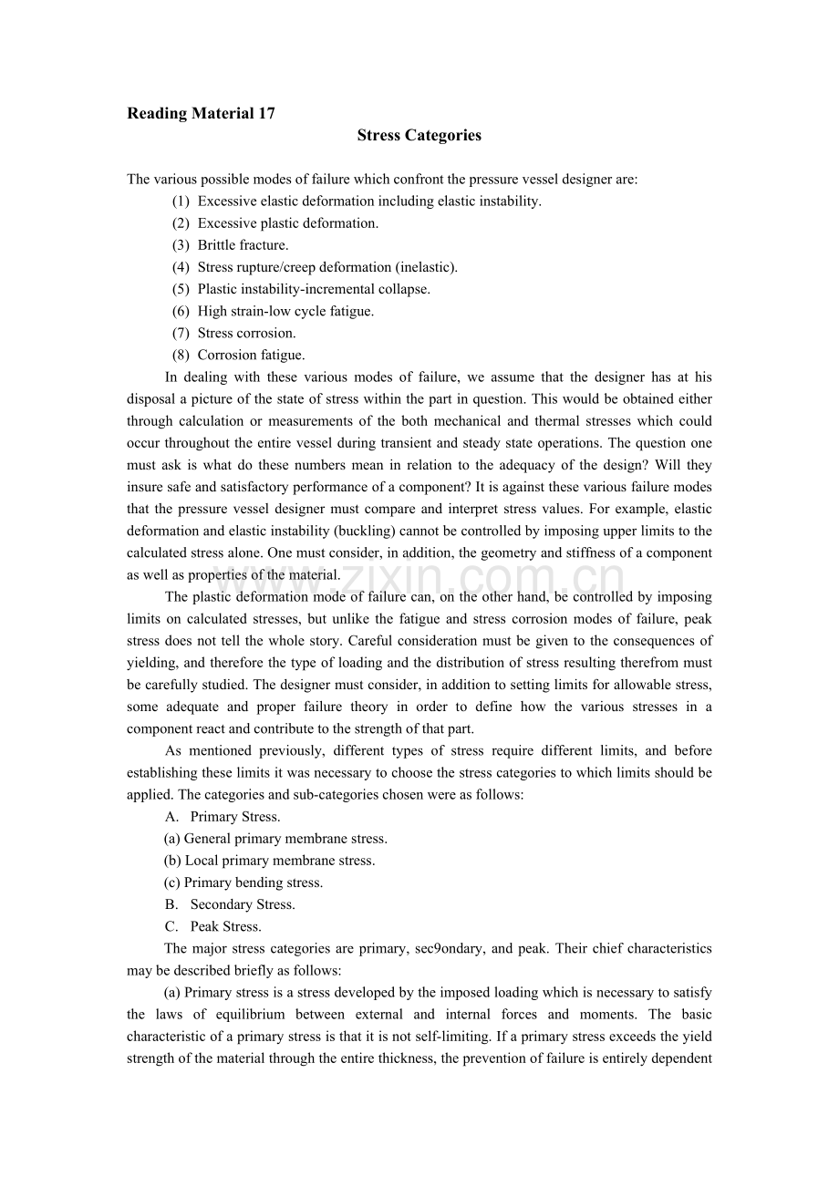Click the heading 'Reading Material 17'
click(201, 114)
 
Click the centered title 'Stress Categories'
click(419, 136)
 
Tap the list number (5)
click(181, 289)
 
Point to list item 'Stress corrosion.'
click(246, 333)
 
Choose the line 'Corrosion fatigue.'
click(251, 355)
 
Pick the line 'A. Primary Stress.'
click(223, 817)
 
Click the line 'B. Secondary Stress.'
click(230, 904)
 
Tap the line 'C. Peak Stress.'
click(213, 926)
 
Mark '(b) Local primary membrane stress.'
click(270, 861)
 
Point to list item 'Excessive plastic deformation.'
click(287, 223)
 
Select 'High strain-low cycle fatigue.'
click(285, 311)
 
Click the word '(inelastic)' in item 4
click(426, 267)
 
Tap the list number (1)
click(181, 201)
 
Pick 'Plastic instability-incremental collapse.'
click(314, 289)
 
